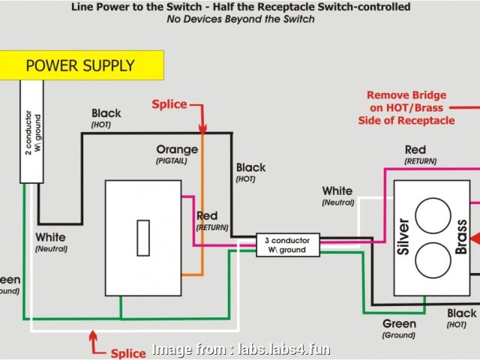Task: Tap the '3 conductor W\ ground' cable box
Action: coord(287,244)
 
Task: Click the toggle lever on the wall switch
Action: coord(140,238)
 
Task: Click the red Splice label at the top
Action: coord(169,104)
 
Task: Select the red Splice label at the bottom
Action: coord(128,353)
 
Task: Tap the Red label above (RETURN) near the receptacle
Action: coord(415,150)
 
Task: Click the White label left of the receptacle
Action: coord(337,191)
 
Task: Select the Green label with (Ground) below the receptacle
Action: coord(399,324)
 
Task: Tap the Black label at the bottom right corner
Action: coord(461,313)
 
